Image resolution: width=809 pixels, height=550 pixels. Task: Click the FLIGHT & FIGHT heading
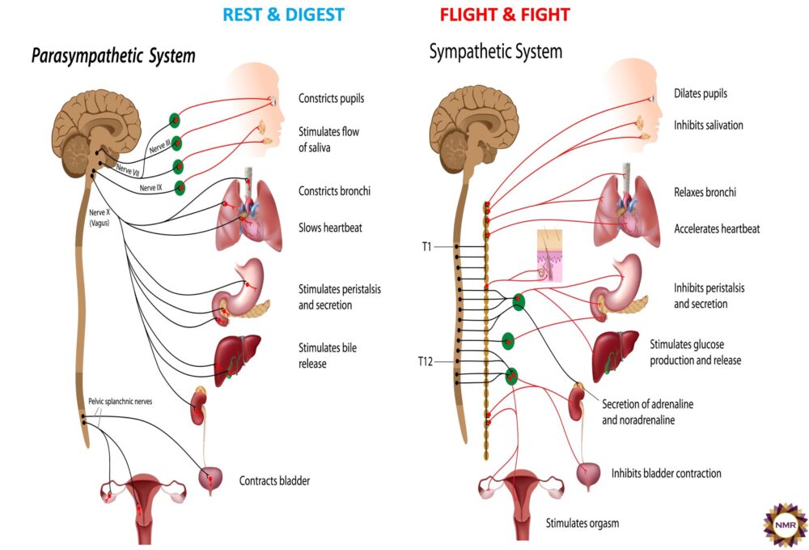click(x=505, y=15)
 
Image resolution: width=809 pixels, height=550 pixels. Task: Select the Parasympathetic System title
click(x=113, y=56)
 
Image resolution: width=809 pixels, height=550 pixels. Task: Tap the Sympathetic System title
click(x=495, y=53)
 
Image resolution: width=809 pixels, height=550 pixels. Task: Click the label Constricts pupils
click(x=331, y=99)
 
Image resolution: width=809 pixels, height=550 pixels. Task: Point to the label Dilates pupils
click(x=700, y=93)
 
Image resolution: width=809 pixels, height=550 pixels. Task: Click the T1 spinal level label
click(x=426, y=246)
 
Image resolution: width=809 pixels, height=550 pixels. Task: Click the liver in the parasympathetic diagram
click(x=236, y=356)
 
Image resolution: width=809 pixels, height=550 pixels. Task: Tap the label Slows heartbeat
click(x=330, y=228)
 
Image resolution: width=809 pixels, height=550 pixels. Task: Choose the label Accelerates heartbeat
click(x=717, y=228)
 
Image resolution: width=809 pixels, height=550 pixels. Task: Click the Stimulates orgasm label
click(x=582, y=522)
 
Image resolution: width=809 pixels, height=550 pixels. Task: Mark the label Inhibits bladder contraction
click(x=666, y=473)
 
